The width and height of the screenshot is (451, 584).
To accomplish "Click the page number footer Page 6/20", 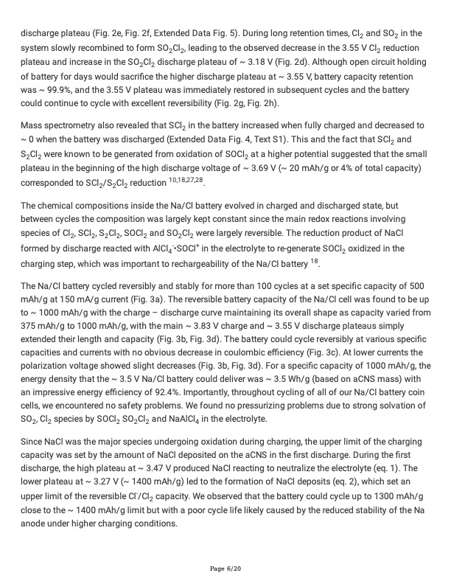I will (x=225, y=569).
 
